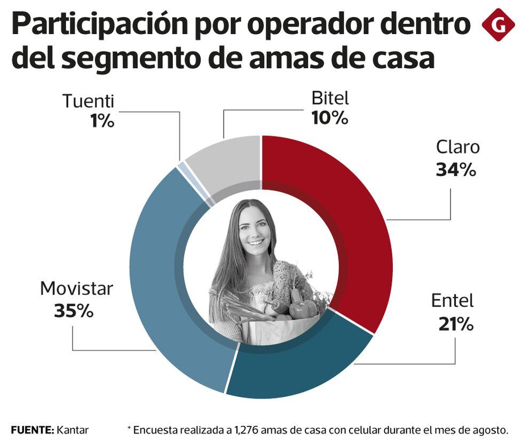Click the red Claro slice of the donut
click(342, 213)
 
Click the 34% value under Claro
click(455, 170)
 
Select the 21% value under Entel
click(456, 324)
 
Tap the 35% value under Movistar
click(74, 310)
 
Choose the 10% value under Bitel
click(330, 117)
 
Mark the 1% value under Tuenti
click(102, 121)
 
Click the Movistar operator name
click(76, 289)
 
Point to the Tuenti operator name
click(88, 100)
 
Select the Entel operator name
click(452, 301)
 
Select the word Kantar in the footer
click(73, 429)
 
